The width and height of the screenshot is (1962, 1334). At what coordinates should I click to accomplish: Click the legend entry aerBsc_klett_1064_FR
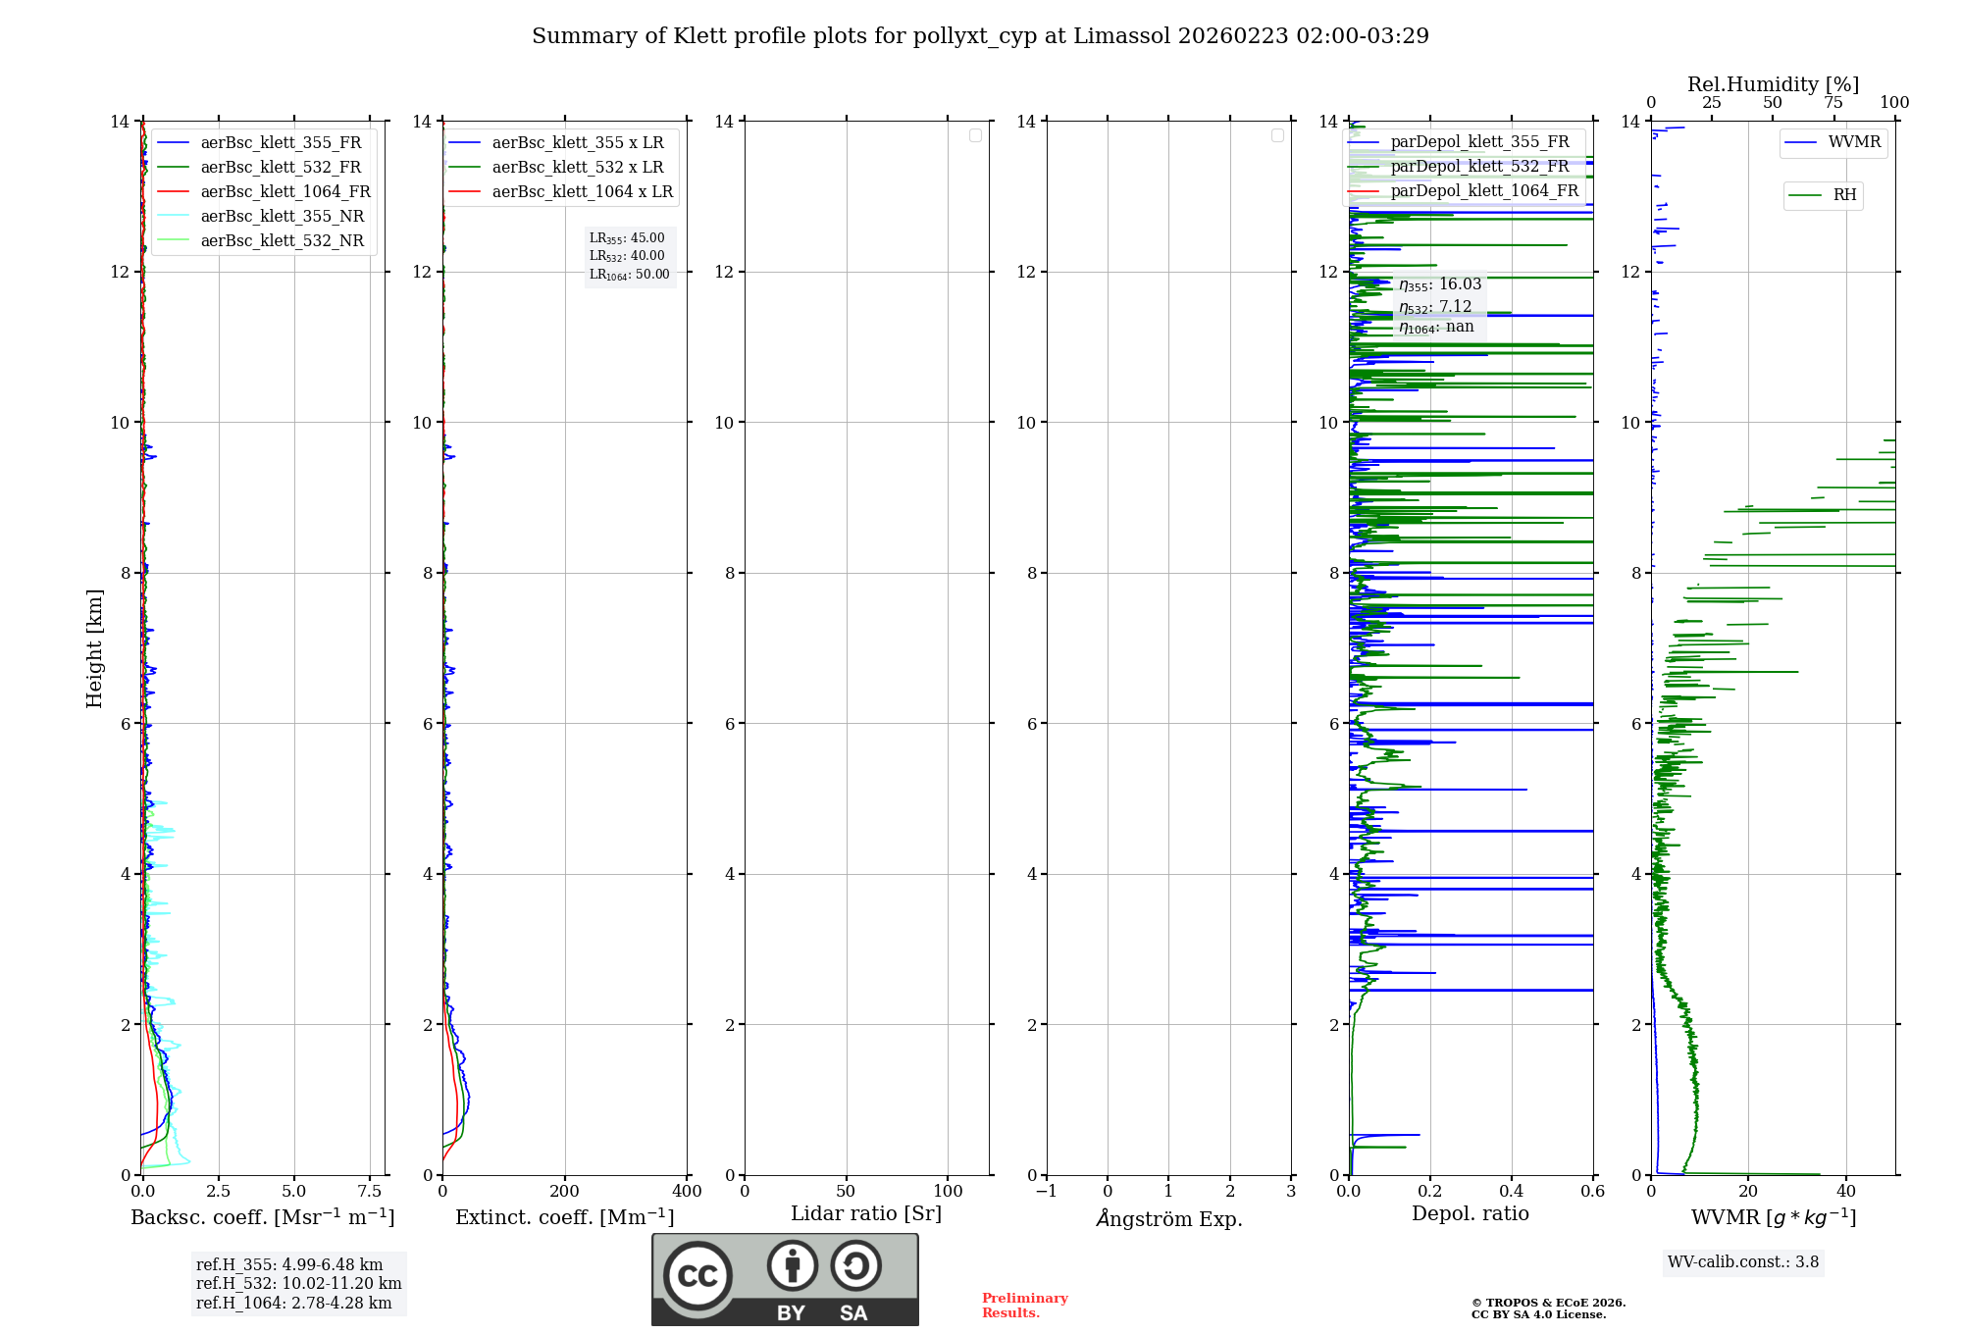click(284, 192)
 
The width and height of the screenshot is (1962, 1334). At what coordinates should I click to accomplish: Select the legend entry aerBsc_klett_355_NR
click(282, 217)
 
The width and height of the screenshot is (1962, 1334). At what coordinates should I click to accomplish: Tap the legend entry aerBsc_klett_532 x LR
click(577, 168)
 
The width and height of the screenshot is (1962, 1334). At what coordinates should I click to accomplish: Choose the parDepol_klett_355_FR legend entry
click(1479, 142)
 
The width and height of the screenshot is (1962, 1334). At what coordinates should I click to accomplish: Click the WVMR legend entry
click(1854, 142)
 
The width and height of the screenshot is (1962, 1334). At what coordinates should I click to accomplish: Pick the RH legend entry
click(1844, 195)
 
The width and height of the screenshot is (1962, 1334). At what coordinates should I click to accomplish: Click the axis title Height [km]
click(94, 647)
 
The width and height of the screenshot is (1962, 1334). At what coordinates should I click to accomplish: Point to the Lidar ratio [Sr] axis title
click(866, 1214)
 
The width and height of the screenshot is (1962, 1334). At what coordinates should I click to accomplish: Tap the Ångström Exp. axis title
click(1169, 1218)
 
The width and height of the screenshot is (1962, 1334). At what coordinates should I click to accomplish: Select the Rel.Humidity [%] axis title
click(1773, 84)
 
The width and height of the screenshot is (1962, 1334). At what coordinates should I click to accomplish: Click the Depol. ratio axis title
click(1470, 1214)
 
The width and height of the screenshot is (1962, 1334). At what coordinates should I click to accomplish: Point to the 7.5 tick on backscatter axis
click(370, 1192)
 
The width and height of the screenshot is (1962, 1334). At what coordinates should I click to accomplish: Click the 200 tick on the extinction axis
click(565, 1192)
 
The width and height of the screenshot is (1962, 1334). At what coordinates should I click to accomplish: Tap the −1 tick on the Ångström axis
click(1047, 1192)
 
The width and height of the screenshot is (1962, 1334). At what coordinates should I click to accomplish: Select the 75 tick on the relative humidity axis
click(1833, 103)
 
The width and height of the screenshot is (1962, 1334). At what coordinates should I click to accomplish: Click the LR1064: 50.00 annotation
click(629, 275)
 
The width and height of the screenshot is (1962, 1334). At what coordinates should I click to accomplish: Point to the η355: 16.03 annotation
click(1439, 285)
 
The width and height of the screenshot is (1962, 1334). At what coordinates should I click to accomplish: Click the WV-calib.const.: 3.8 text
click(1742, 1262)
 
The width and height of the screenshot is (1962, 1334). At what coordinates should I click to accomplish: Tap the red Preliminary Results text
click(1024, 1306)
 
